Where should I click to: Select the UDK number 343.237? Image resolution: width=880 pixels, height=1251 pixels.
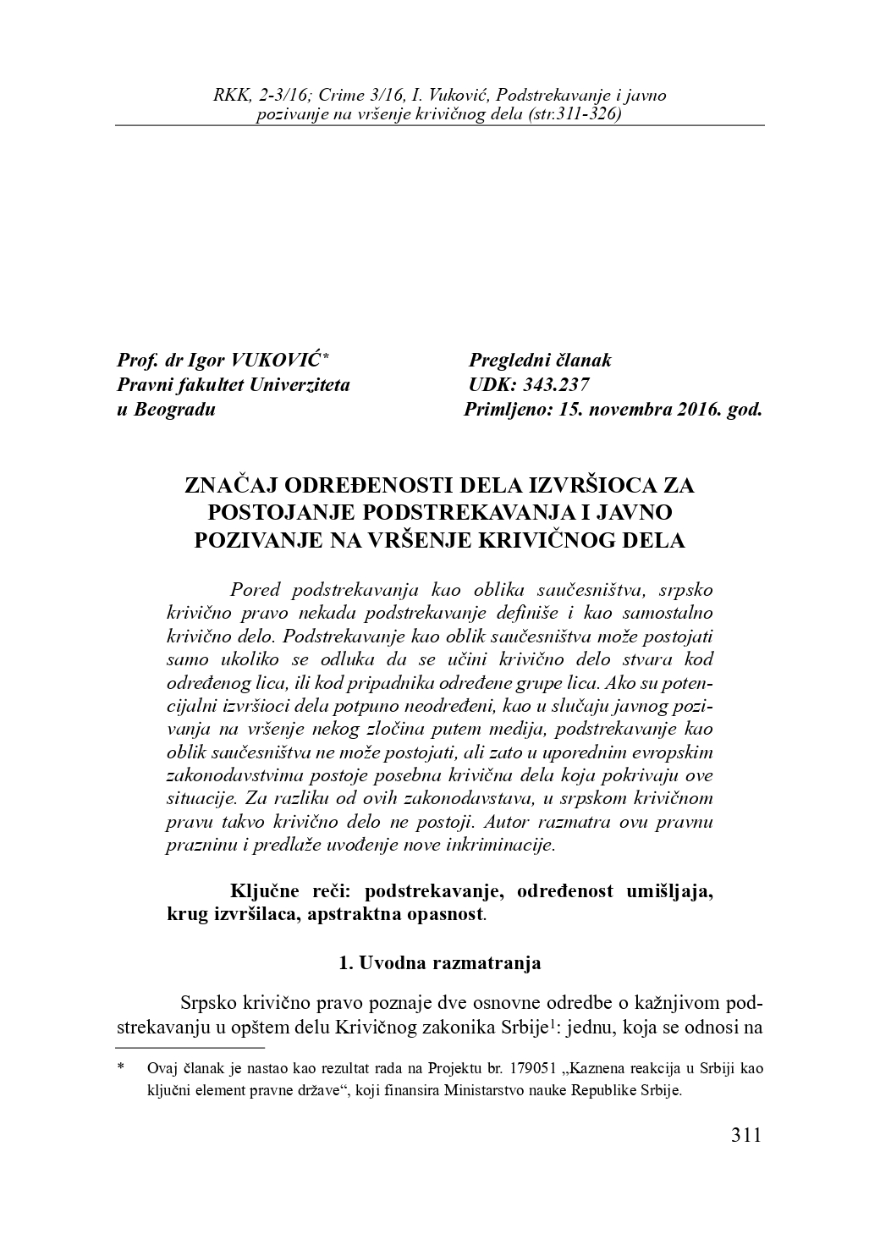[555, 385]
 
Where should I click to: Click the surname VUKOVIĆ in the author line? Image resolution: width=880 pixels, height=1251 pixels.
[272, 361]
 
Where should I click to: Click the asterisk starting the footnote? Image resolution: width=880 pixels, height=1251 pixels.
[122, 1068]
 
